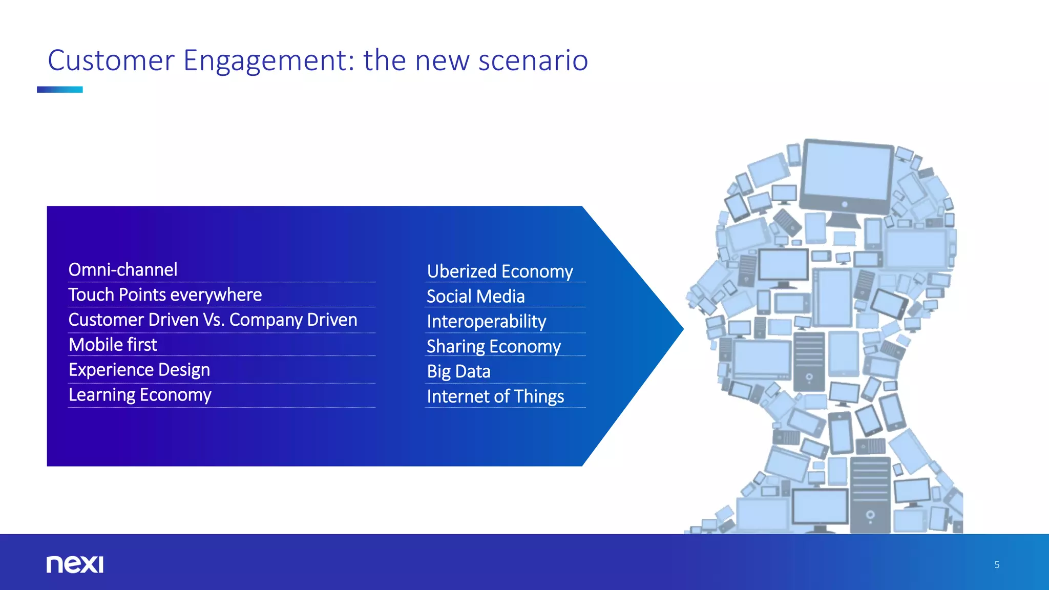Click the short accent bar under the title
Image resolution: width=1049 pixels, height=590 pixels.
click(59, 90)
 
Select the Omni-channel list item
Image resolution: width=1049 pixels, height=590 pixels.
click(123, 270)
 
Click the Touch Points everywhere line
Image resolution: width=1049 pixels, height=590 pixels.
click(165, 295)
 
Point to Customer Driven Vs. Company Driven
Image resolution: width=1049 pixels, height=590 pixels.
click(213, 320)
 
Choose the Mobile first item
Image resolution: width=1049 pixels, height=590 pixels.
click(113, 345)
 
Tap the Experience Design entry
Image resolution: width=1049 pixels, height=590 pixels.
click(139, 370)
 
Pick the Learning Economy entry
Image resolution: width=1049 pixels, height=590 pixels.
click(140, 395)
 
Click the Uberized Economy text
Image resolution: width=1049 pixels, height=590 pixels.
click(500, 271)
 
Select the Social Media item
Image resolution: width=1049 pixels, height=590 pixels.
click(475, 297)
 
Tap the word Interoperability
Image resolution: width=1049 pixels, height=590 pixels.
click(486, 322)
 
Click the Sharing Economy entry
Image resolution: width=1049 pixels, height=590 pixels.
click(494, 347)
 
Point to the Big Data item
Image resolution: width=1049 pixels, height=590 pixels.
click(458, 372)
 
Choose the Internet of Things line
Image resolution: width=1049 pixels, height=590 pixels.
click(495, 397)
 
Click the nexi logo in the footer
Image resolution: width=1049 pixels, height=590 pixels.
click(75, 564)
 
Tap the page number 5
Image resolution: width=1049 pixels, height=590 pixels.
click(997, 565)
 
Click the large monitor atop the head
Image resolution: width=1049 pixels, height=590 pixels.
click(846, 177)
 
